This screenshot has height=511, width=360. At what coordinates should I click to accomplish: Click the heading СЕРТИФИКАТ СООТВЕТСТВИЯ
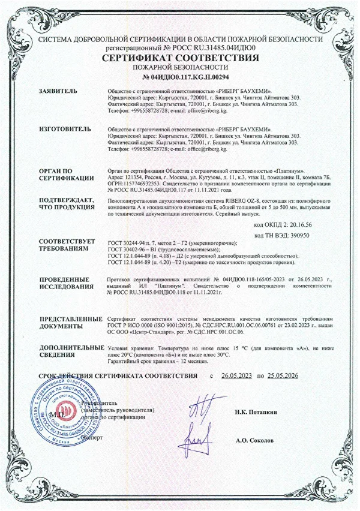point(180,58)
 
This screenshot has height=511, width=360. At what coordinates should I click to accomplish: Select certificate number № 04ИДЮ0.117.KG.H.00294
point(180,77)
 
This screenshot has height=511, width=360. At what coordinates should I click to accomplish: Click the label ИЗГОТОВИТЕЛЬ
point(65,129)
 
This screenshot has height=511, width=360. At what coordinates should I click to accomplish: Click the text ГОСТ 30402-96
point(128,249)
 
